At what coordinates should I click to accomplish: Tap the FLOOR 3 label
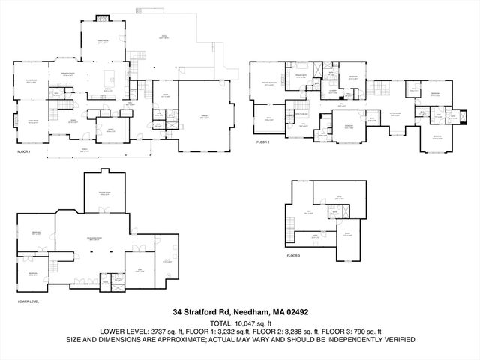293,256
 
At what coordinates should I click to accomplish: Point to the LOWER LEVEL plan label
28,301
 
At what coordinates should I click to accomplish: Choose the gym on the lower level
138,270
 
